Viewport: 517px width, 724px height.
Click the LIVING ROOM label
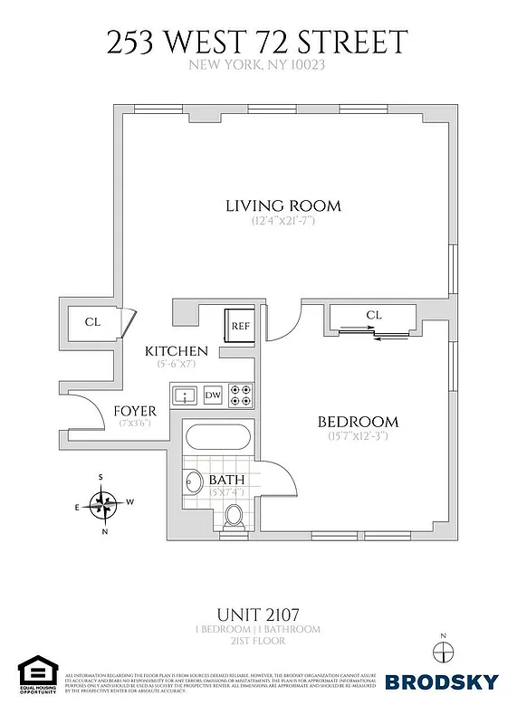click(x=282, y=205)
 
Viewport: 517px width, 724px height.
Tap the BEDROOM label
click(x=358, y=422)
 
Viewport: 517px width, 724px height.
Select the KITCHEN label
click(x=177, y=351)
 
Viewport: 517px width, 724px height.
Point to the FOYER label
click(x=135, y=411)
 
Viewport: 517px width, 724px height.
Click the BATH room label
click(x=225, y=480)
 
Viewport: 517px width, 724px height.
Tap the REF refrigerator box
click(x=240, y=326)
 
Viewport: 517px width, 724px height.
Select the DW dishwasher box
click(x=213, y=395)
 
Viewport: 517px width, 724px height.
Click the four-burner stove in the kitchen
click(x=241, y=395)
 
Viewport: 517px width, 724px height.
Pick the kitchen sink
click(x=185, y=395)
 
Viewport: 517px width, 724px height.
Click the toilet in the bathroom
click(x=234, y=517)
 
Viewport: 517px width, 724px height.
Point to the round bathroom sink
click(x=192, y=482)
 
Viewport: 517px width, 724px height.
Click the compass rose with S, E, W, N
click(x=106, y=503)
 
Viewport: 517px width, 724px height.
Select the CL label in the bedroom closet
click(x=375, y=316)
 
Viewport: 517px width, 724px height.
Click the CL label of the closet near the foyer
click(x=92, y=321)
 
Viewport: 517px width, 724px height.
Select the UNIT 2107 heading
click(x=258, y=613)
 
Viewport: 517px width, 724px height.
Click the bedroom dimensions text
click(x=358, y=437)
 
